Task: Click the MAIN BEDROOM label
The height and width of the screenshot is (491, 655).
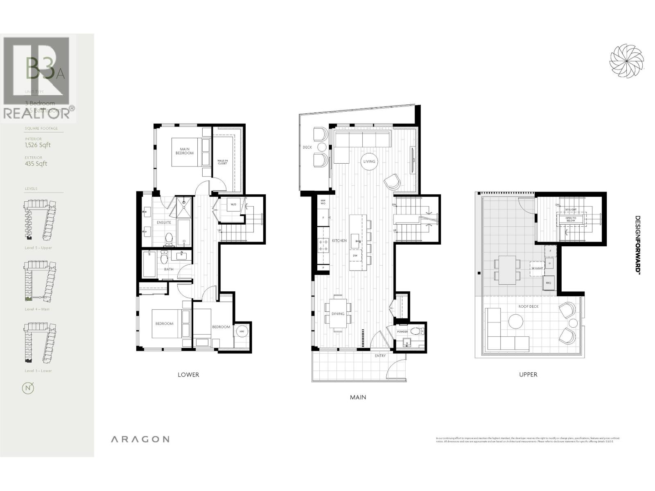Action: point(184,151)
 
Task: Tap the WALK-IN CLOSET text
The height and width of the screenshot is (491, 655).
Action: point(222,162)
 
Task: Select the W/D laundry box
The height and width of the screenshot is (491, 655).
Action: point(233,204)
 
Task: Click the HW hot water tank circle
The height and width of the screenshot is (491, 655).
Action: point(242,331)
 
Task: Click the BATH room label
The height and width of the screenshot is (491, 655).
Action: point(169,269)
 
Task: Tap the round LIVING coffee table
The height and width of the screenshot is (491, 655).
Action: point(369,161)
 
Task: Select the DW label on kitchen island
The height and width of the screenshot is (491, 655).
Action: point(355,256)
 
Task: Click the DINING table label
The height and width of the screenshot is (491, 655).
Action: point(338,314)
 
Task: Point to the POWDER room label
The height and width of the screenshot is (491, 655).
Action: point(402,331)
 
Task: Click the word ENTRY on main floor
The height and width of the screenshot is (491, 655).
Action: point(380,356)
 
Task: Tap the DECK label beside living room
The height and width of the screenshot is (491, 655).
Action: point(307,147)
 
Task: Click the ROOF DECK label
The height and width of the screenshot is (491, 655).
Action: point(528,306)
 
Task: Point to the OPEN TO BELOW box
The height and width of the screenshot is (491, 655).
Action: point(571,219)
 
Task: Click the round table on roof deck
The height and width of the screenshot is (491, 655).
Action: point(516,321)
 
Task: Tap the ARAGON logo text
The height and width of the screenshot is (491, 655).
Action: point(140,439)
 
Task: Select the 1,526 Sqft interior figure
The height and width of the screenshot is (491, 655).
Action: point(38,145)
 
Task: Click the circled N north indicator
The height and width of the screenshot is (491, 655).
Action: point(28,388)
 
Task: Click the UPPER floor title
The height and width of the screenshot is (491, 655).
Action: point(528,374)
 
